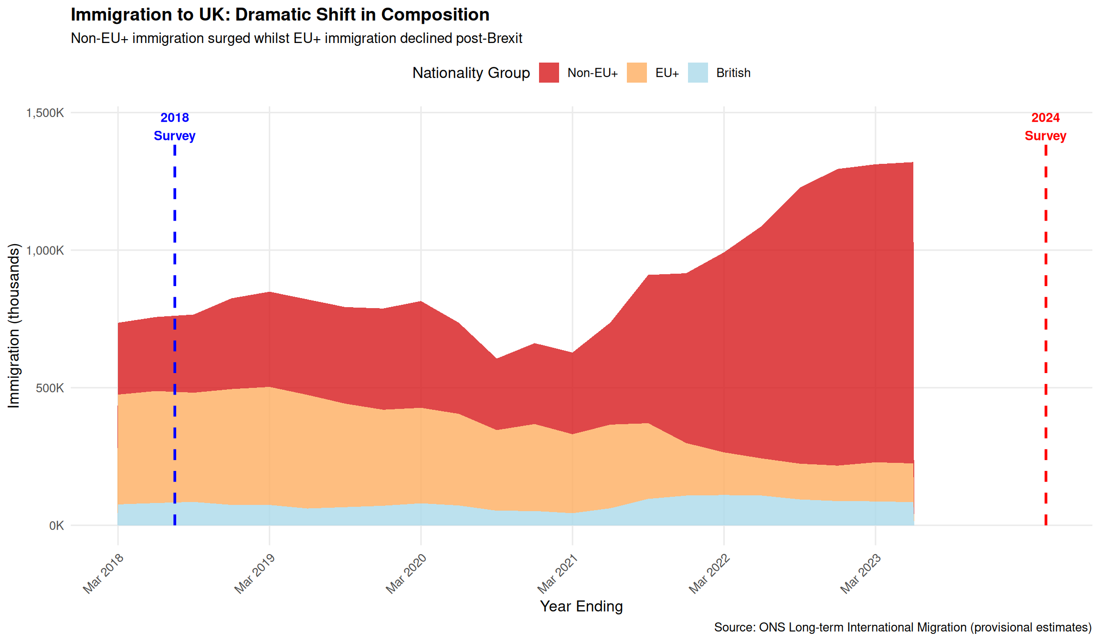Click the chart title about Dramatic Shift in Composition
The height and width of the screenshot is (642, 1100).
(x=280, y=15)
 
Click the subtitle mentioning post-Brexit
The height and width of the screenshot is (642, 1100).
(x=296, y=38)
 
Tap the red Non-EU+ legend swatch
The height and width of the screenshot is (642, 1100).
(x=549, y=73)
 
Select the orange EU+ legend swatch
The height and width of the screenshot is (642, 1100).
(x=636, y=73)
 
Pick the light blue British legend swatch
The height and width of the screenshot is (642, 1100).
(x=698, y=73)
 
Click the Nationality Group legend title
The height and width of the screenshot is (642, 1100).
(x=471, y=73)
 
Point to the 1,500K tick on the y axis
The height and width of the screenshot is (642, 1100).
(x=45, y=113)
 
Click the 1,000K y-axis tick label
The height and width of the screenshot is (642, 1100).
(x=45, y=250)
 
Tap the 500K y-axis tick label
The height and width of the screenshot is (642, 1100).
(x=50, y=388)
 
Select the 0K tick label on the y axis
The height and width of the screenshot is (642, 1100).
(x=56, y=525)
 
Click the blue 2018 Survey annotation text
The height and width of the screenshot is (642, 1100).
(x=175, y=127)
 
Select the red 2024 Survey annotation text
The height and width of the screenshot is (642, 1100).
(x=1045, y=127)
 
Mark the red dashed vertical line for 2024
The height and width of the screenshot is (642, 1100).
(x=1046, y=334)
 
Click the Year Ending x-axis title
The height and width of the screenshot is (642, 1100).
(x=581, y=606)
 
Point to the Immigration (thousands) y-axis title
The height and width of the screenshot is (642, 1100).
(x=14, y=326)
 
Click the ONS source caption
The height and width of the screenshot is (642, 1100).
(x=902, y=627)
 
